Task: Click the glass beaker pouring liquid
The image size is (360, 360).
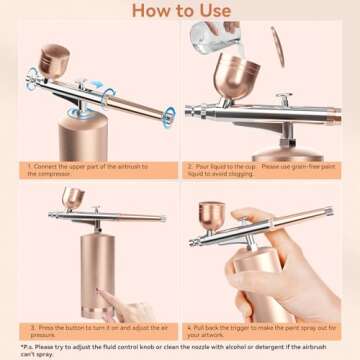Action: click(x=222, y=37)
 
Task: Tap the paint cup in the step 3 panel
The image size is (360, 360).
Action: click(x=73, y=198)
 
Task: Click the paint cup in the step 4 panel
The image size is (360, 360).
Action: click(x=213, y=215)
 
